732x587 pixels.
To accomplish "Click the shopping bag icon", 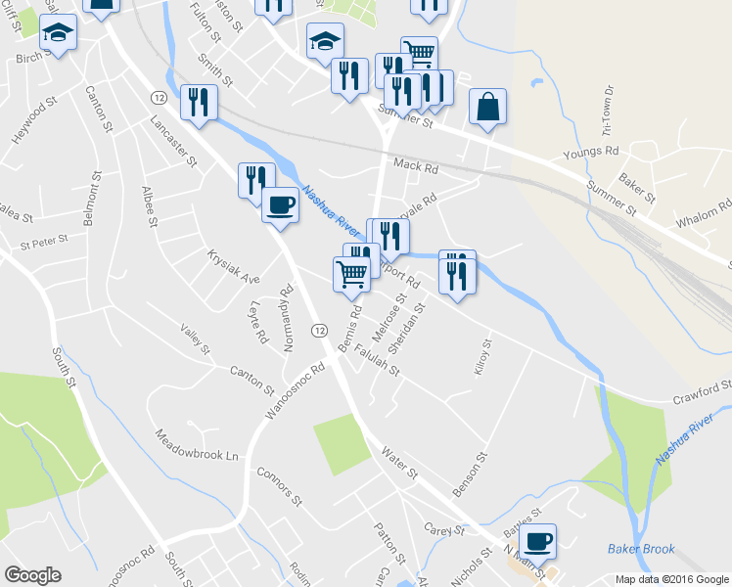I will tap(487, 108).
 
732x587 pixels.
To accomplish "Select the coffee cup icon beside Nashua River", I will tap(280, 204).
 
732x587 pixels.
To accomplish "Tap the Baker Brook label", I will tap(640, 549).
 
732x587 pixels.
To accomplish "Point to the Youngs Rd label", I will tap(591, 153).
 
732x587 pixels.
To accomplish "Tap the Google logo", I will tap(32, 575).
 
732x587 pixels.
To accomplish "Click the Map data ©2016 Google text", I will tap(672, 579).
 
